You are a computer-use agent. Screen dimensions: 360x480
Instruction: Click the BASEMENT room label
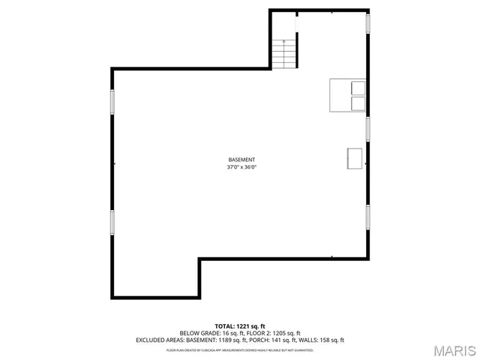coord(241,160)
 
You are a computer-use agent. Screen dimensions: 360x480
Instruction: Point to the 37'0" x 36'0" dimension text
coord(241,168)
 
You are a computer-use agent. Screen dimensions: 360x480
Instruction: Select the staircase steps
coord(284,53)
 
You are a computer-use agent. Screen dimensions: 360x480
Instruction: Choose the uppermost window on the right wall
coord(367,24)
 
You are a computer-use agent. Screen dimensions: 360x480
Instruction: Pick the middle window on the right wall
coord(367,129)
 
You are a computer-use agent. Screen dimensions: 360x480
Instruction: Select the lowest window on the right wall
coord(367,217)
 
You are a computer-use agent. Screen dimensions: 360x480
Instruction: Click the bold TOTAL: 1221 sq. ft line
coord(240,326)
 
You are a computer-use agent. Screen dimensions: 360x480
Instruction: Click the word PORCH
coord(259,340)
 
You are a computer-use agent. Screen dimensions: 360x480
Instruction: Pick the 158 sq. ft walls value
coord(331,340)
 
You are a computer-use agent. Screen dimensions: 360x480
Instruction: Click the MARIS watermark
coord(454,350)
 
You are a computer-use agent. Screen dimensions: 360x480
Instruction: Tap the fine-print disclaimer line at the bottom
coord(240,349)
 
